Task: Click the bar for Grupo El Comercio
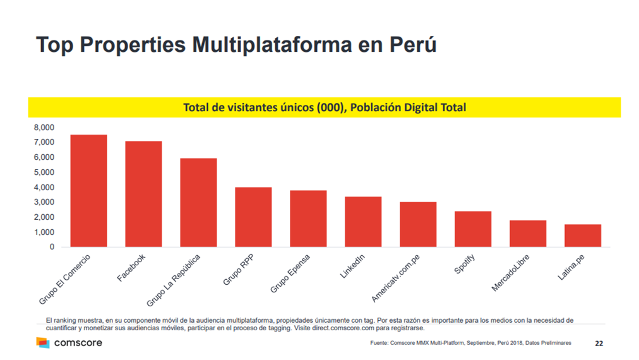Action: tap(88, 191)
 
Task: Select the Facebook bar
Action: tap(143, 194)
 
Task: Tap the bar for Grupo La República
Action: tap(198, 203)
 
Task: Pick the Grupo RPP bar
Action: tap(253, 217)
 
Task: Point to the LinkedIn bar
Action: tap(363, 222)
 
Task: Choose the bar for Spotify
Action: tap(473, 229)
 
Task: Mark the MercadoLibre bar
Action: tap(528, 234)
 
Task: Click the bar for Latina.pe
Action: tap(583, 236)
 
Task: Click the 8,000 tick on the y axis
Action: tap(43, 128)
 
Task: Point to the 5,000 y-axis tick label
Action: tap(43, 172)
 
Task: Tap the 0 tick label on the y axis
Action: tap(51, 247)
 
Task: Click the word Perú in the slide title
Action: tap(410, 45)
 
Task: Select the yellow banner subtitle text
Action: tap(324, 107)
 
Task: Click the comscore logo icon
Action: tap(42, 343)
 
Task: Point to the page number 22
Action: tap(599, 344)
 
